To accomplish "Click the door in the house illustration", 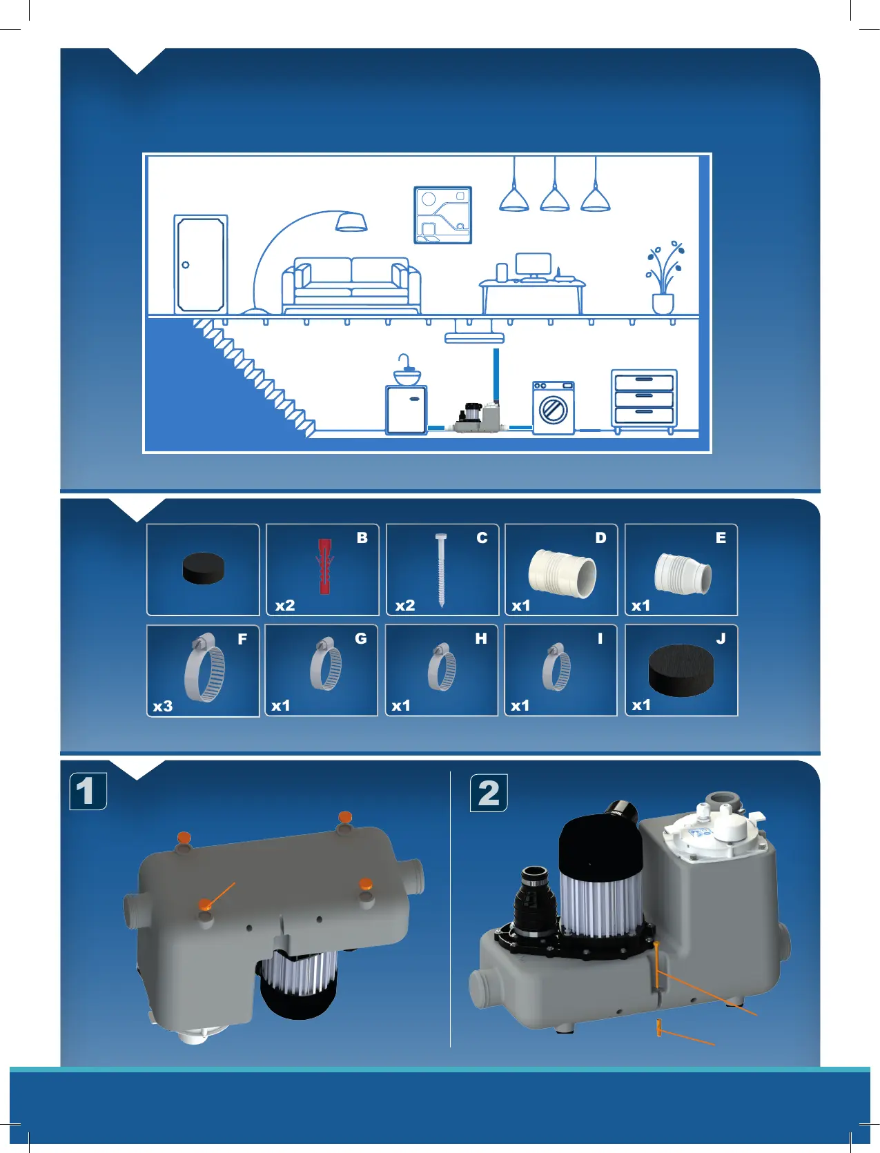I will click(x=200, y=264).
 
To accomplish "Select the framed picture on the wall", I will click(x=442, y=215).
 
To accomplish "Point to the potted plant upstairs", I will click(x=664, y=279).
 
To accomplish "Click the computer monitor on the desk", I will click(x=534, y=264).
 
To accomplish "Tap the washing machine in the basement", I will click(x=553, y=408).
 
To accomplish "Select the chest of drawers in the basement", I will click(x=644, y=400).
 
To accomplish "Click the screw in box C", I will click(x=441, y=569).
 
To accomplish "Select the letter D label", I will click(x=600, y=538).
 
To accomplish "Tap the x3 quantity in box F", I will click(x=163, y=707).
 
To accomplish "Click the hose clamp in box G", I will click(x=326, y=666).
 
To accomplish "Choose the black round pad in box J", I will click(x=681, y=669).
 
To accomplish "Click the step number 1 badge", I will click(x=88, y=791).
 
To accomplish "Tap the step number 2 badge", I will click(x=489, y=793).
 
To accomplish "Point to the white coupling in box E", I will click(x=682, y=573).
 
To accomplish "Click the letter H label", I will click(x=481, y=639).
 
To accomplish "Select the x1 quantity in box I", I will click(x=520, y=706).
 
